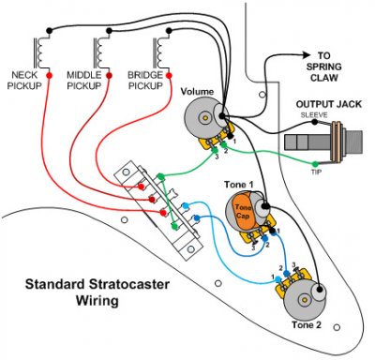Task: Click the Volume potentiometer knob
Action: coord(198,118)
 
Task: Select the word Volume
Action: coord(197,92)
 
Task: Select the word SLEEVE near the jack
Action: coord(312,116)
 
